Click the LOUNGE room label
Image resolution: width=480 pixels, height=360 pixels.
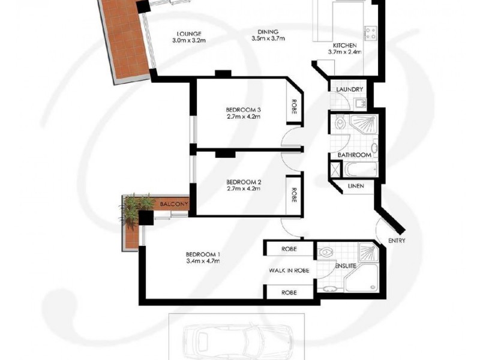point(188,33)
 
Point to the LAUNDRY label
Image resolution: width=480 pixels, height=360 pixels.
point(349,90)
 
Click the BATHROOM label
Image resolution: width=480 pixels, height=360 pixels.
point(354,155)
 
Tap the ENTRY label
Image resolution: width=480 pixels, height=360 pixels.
point(397,241)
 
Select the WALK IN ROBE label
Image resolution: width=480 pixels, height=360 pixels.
point(289,271)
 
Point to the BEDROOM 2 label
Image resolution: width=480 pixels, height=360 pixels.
point(243,182)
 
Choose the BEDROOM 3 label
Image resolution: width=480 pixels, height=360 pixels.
point(243,109)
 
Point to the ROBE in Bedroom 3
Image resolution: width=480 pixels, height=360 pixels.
point(295,108)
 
